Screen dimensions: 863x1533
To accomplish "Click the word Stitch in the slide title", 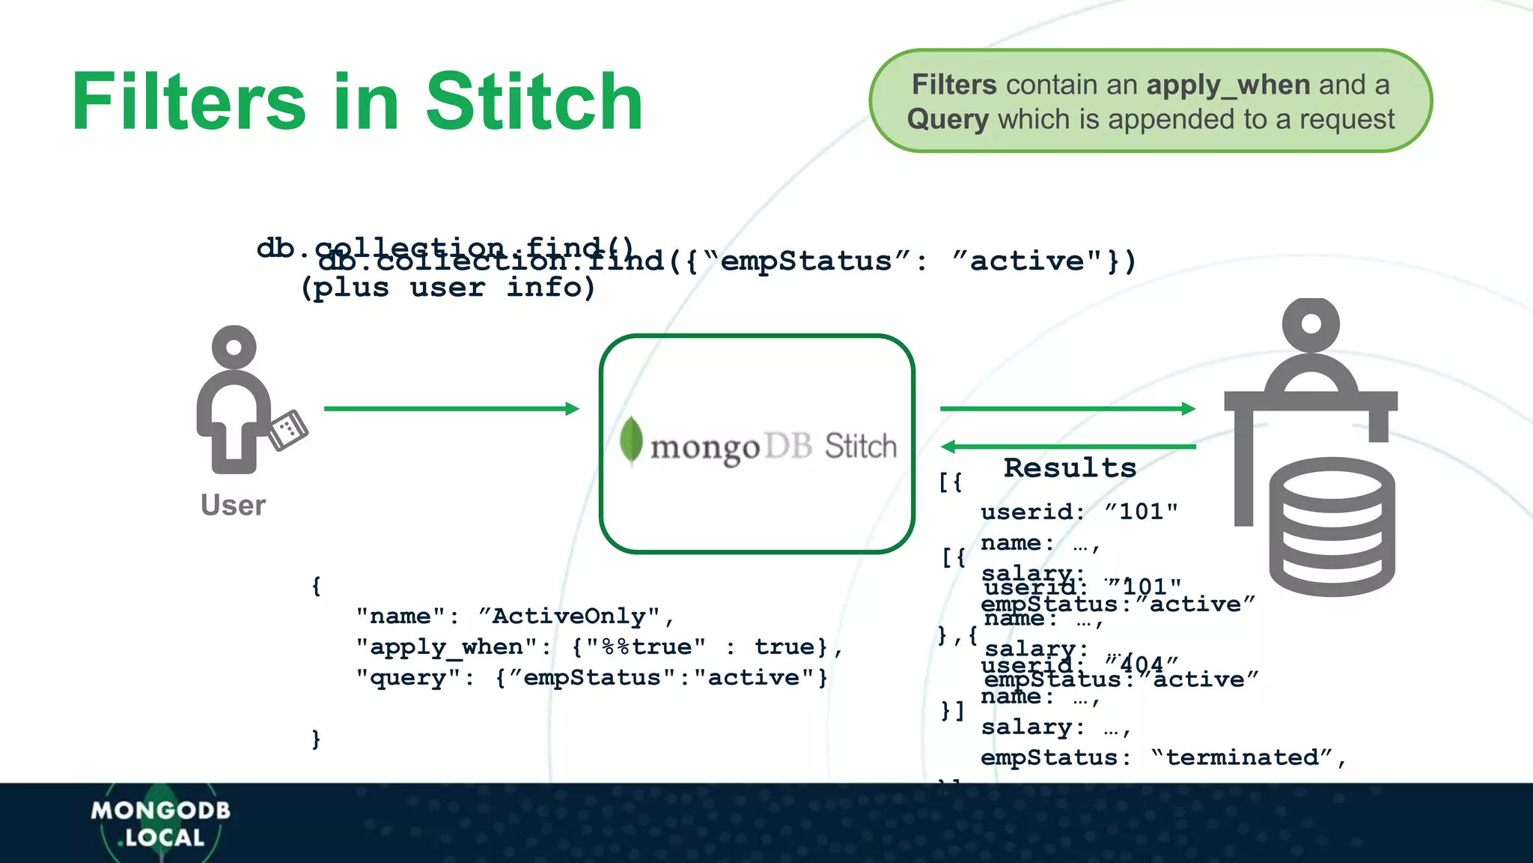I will point(534,102).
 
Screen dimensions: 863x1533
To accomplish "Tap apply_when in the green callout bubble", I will point(1228,85).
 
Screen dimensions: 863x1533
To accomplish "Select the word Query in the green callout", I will point(948,120).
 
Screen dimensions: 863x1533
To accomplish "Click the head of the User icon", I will point(234,348).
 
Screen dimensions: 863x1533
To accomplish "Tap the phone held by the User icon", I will point(288,430).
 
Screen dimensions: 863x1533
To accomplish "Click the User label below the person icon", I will point(233,506).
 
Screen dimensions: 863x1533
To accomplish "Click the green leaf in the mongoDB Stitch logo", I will point(631,440).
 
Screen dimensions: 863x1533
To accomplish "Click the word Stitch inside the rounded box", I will point(860,446).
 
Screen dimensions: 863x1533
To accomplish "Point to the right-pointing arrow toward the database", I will point(1067,408).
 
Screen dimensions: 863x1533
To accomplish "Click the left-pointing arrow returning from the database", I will point(1067,446).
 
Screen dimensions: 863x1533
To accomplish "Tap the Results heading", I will point(1070,468).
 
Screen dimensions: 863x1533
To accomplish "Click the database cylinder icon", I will point(1332,528).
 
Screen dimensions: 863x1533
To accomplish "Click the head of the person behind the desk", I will point(1311,324).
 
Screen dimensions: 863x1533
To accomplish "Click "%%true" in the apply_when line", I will point(645,647).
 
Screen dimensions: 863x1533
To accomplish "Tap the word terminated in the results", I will point(1242,757).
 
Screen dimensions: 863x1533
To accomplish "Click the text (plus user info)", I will point(448,288).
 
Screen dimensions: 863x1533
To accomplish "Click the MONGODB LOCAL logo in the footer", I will point(160,823).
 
